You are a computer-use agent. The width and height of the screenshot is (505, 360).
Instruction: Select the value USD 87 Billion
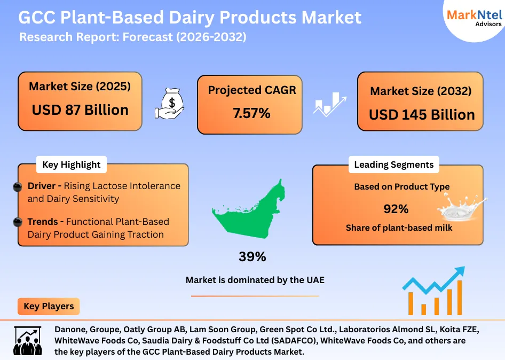(80, 110)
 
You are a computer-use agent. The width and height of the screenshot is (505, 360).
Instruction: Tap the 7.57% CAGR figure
(251, 113)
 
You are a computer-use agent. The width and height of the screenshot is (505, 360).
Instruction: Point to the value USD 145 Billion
(421, 115)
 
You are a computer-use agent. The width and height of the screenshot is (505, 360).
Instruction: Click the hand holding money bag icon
(169, 103)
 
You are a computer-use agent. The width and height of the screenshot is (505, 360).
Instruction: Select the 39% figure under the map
(252, 257)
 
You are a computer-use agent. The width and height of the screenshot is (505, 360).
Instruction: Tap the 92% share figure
(396, 208)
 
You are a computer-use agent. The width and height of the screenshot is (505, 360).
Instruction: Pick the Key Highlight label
(71, 165)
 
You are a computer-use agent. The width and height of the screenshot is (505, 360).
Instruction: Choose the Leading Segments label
(393, 165)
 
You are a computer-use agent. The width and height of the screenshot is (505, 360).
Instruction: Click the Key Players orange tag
(49, 307)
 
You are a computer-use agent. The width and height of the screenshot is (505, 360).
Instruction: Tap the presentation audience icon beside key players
(27, 341)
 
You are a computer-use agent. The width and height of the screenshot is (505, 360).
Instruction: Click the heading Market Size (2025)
(80, 87)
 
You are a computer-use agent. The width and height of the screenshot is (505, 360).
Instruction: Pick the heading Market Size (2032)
(421, 91)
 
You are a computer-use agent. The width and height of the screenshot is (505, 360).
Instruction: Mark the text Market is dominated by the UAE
(255, 280)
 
